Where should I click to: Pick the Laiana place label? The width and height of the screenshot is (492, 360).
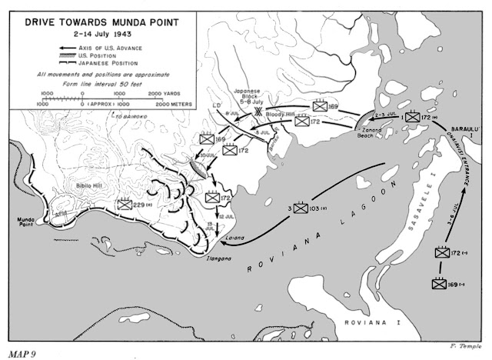tap(235, 238)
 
